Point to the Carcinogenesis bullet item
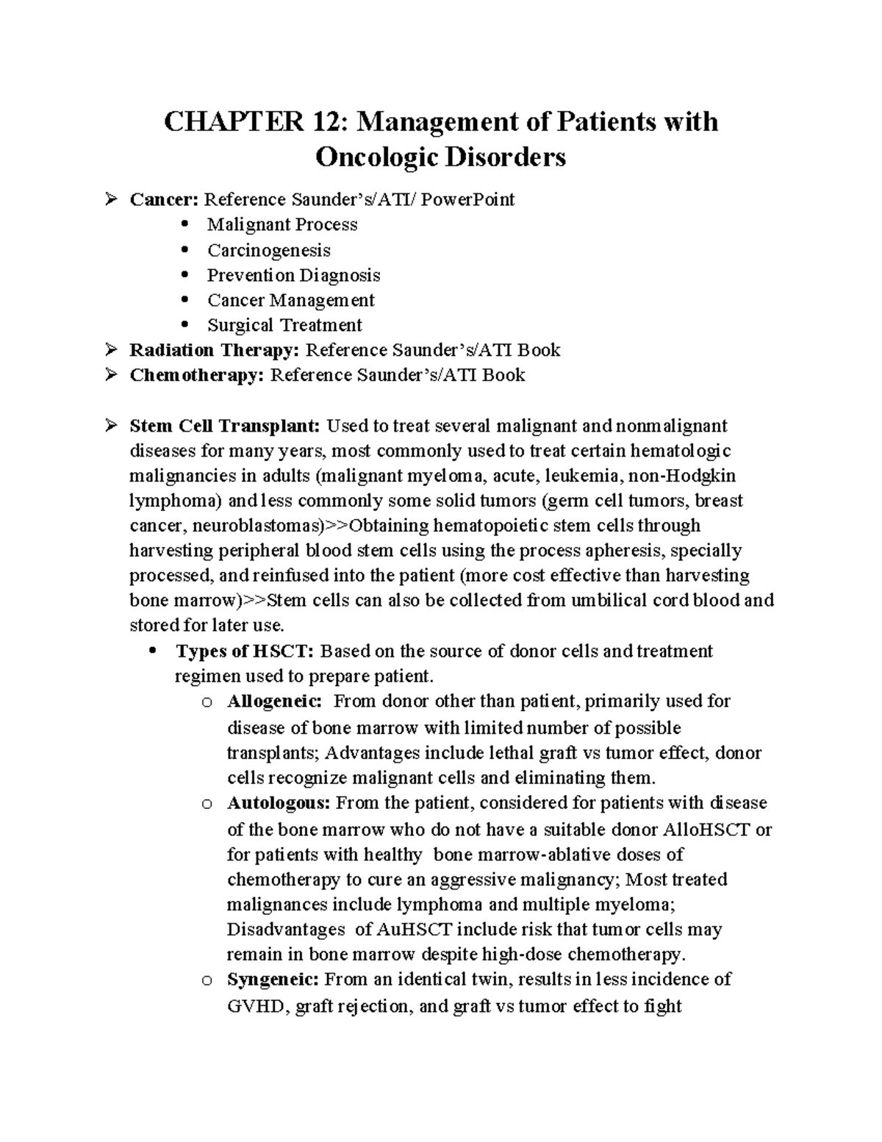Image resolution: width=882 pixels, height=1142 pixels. click(268, 250)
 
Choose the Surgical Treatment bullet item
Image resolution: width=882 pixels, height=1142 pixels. click(284, 325)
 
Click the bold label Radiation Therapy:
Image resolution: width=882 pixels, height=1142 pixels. click(215, 350)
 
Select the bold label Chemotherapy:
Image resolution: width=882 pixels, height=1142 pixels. click(196, 375)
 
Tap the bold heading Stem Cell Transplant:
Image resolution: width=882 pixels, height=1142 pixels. click(225, 426)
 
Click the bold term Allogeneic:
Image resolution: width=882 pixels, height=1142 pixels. click(274, 702)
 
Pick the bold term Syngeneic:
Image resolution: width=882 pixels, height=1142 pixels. click(273, 979)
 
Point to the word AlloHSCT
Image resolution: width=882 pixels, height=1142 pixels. click(707, 830)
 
